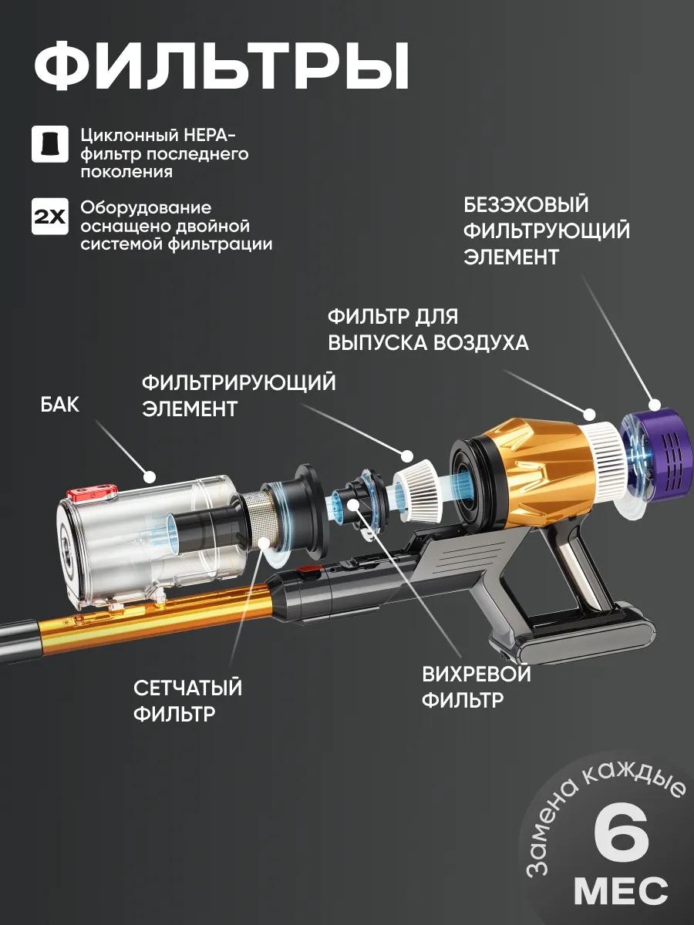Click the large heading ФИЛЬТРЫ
[221, 66]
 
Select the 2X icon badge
[49, 217]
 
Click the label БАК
[60, 405]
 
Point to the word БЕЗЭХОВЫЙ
[526, 204]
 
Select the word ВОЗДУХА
[481, 342]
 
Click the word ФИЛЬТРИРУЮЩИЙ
[238, 383]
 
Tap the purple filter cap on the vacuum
[659, 456]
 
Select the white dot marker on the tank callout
[149, 477]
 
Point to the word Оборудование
[146, 208]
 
